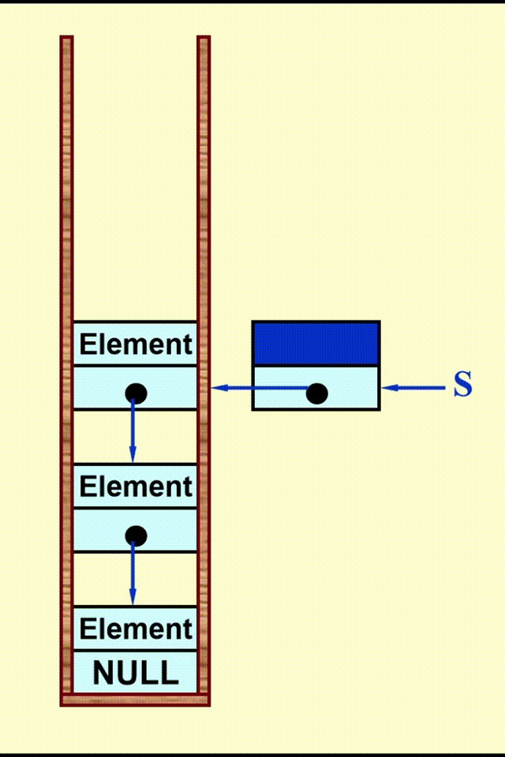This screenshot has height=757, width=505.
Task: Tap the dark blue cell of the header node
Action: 316,343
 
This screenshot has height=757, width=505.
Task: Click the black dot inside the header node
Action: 316,393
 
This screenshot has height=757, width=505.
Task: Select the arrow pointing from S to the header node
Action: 414,387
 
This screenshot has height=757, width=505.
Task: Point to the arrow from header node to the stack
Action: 260,387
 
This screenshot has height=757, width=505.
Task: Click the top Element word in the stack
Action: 136,345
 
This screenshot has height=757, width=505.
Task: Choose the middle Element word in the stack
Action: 136,487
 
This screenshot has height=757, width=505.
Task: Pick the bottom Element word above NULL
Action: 136,629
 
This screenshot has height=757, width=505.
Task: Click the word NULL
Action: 136,673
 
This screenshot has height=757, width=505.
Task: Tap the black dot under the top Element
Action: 136,392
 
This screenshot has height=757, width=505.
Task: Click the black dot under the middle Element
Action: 136,535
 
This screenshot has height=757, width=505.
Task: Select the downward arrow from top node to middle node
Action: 133,430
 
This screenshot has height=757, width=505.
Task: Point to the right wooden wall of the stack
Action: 204,237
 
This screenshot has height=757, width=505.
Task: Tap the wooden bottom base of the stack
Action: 135,699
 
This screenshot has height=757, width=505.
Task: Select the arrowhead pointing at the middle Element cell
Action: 133,456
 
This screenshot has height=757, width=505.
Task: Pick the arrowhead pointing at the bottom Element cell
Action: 133,599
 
